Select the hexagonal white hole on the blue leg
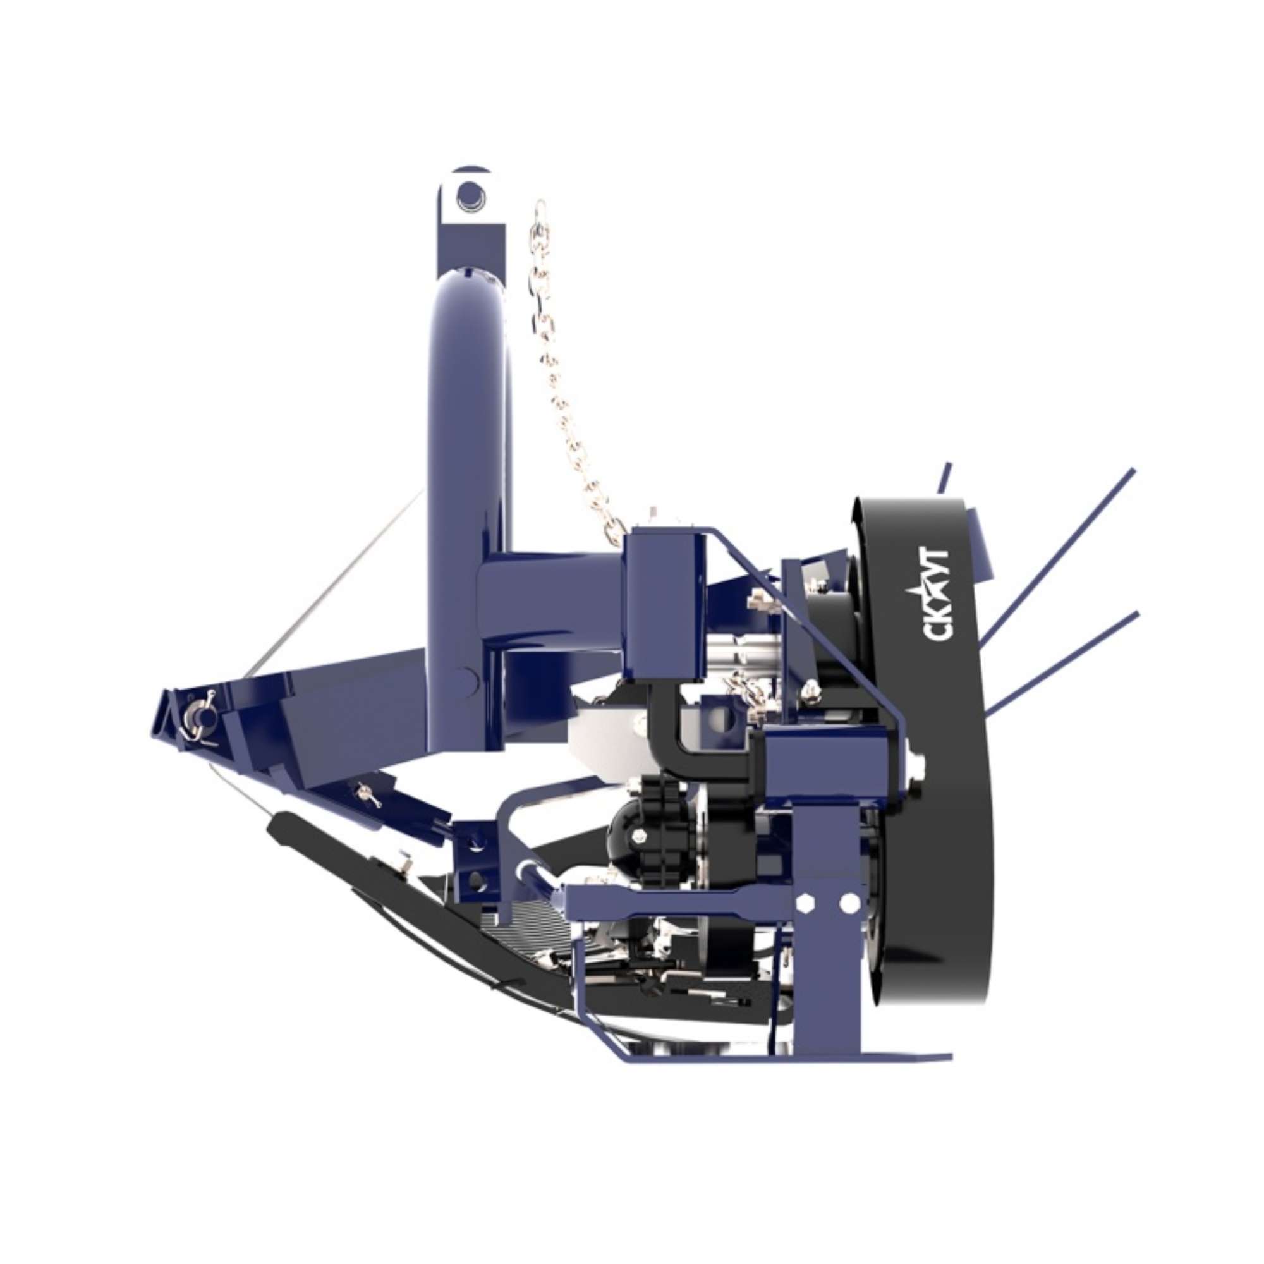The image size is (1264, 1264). pyautogui.click(x=804, y=904)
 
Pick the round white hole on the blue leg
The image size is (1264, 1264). pyautogui.click(x=849, y=904)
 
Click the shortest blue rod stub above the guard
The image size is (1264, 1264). pyautogui.click(x=944, y=478)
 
